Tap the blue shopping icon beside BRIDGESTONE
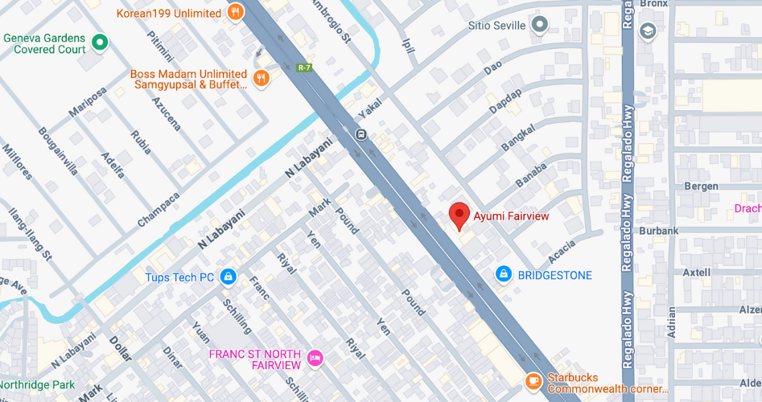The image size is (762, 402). tap(504, 275)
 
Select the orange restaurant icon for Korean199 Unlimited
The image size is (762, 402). tap(235, 12)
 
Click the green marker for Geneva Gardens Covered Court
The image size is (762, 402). tap(100, 42)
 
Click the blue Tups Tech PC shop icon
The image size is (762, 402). tap(229, 277)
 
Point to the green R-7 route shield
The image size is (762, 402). tap(303, 68)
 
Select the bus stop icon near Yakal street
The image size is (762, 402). tap(362, 133)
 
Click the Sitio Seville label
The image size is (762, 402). tap(496, 26)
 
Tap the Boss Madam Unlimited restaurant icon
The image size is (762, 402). tap(261, 78)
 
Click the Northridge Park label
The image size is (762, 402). tap(35, 385)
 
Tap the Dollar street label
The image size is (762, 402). tap(119, 349)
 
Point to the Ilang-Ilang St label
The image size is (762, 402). tap(30, 234)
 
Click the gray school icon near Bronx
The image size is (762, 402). tap(647, 31)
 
